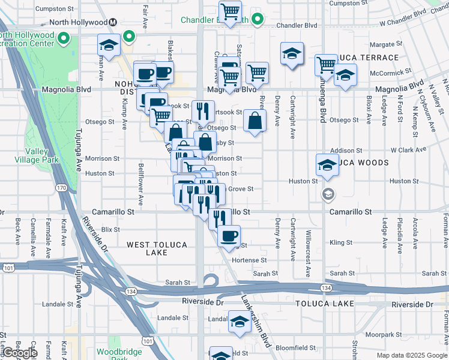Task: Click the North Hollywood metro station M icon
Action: point(113,23)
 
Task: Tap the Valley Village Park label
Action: point(37,155)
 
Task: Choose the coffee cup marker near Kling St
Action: point(228,236)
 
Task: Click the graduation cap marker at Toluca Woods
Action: point(327,164)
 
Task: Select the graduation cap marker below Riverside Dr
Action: point(240,324)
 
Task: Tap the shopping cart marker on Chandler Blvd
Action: point(230,11)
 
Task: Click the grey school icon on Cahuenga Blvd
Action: point(328,193)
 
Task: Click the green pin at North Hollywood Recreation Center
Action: point(64,40)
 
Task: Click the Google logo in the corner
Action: point(19,353)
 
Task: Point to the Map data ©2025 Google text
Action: point(411,355)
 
